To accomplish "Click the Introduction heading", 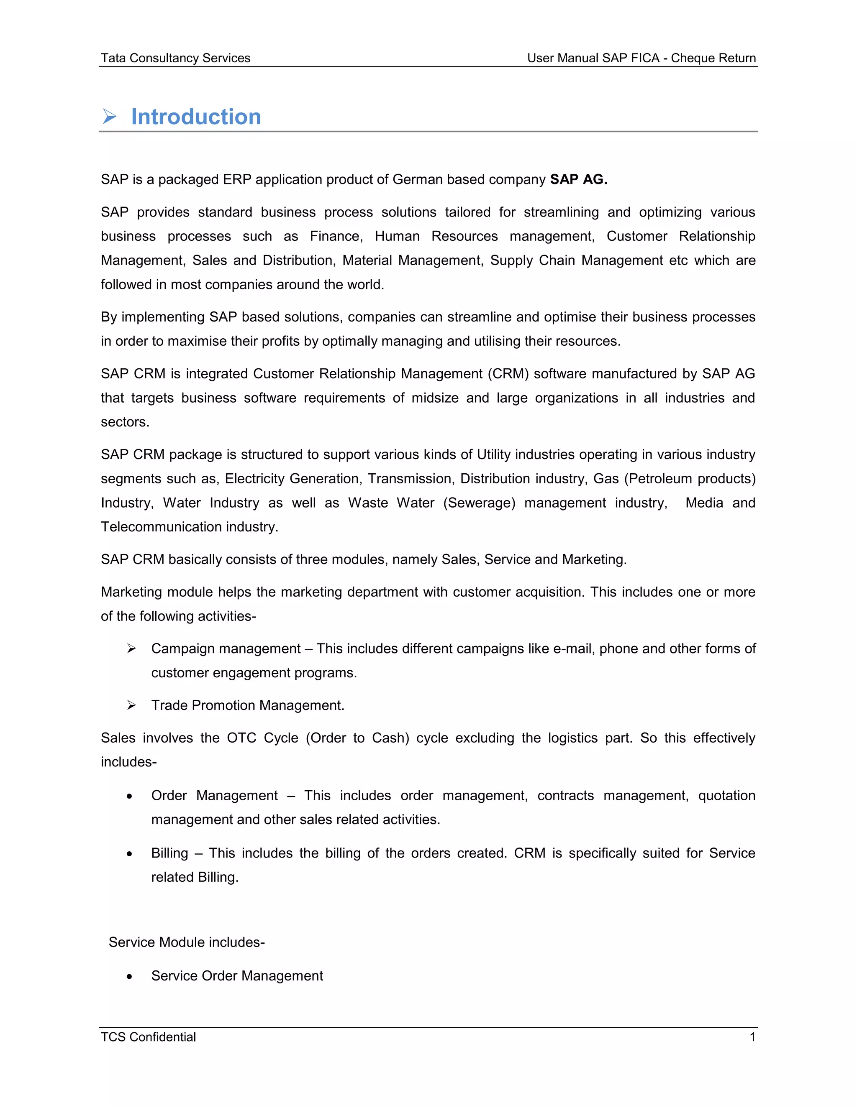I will tap(196, 117).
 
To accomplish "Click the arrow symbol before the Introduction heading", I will tap(109, 117).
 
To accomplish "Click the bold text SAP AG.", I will tap(578, 180).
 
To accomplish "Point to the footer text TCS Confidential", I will tap(148, 1037).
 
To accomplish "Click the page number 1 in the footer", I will tap(752, 1037).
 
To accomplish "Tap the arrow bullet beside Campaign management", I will tap(131, 649).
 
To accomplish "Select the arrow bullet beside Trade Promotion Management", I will tap(131, 706).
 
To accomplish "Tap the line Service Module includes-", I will tap(186, 942).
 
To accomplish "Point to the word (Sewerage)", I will tap(479, 503).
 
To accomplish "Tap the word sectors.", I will tap(125, 422).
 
